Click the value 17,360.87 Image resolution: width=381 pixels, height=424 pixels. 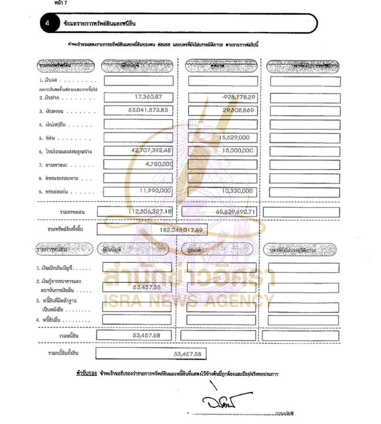coord(146,97)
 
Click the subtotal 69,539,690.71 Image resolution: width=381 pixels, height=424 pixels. coord(231,212)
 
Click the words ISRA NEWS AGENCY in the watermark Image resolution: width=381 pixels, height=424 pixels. coord(189,300)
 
